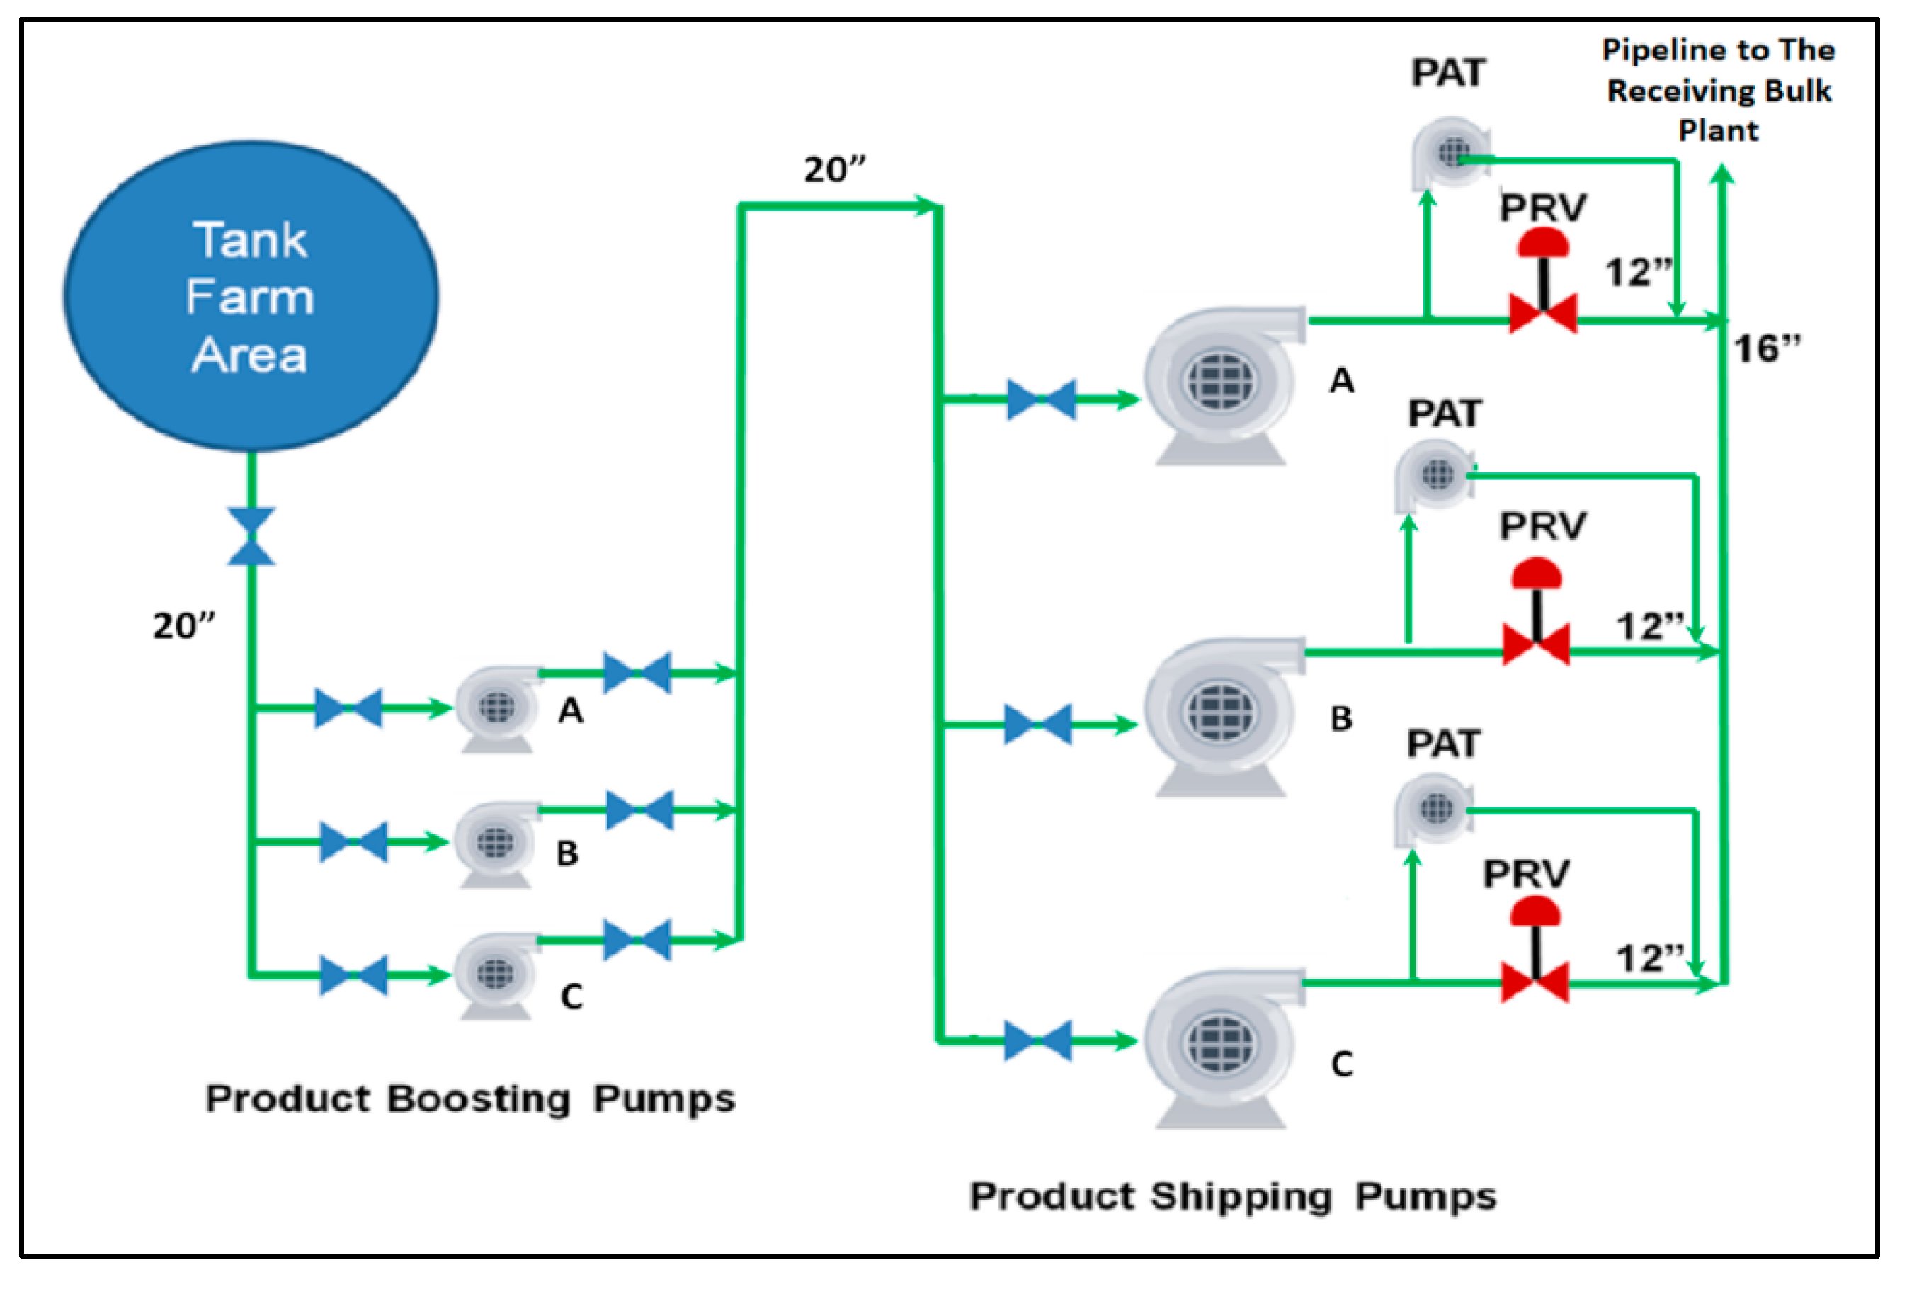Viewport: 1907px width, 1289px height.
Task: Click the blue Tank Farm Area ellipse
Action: tap(251, 295)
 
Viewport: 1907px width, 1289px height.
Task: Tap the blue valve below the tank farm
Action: tap(251, 537)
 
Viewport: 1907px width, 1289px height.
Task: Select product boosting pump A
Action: tap(497, 708)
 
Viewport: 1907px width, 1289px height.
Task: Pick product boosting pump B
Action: tap(496, 843)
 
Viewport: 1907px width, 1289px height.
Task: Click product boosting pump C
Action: tap(496, 975)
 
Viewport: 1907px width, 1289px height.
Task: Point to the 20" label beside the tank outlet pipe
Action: tap(184, 626)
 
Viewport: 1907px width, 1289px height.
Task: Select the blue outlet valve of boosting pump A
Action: tap(637, 673)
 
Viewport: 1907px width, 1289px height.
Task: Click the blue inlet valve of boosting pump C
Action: tap(353, 975)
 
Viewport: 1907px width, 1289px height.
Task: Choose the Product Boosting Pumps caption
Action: tap(470, 1098)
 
